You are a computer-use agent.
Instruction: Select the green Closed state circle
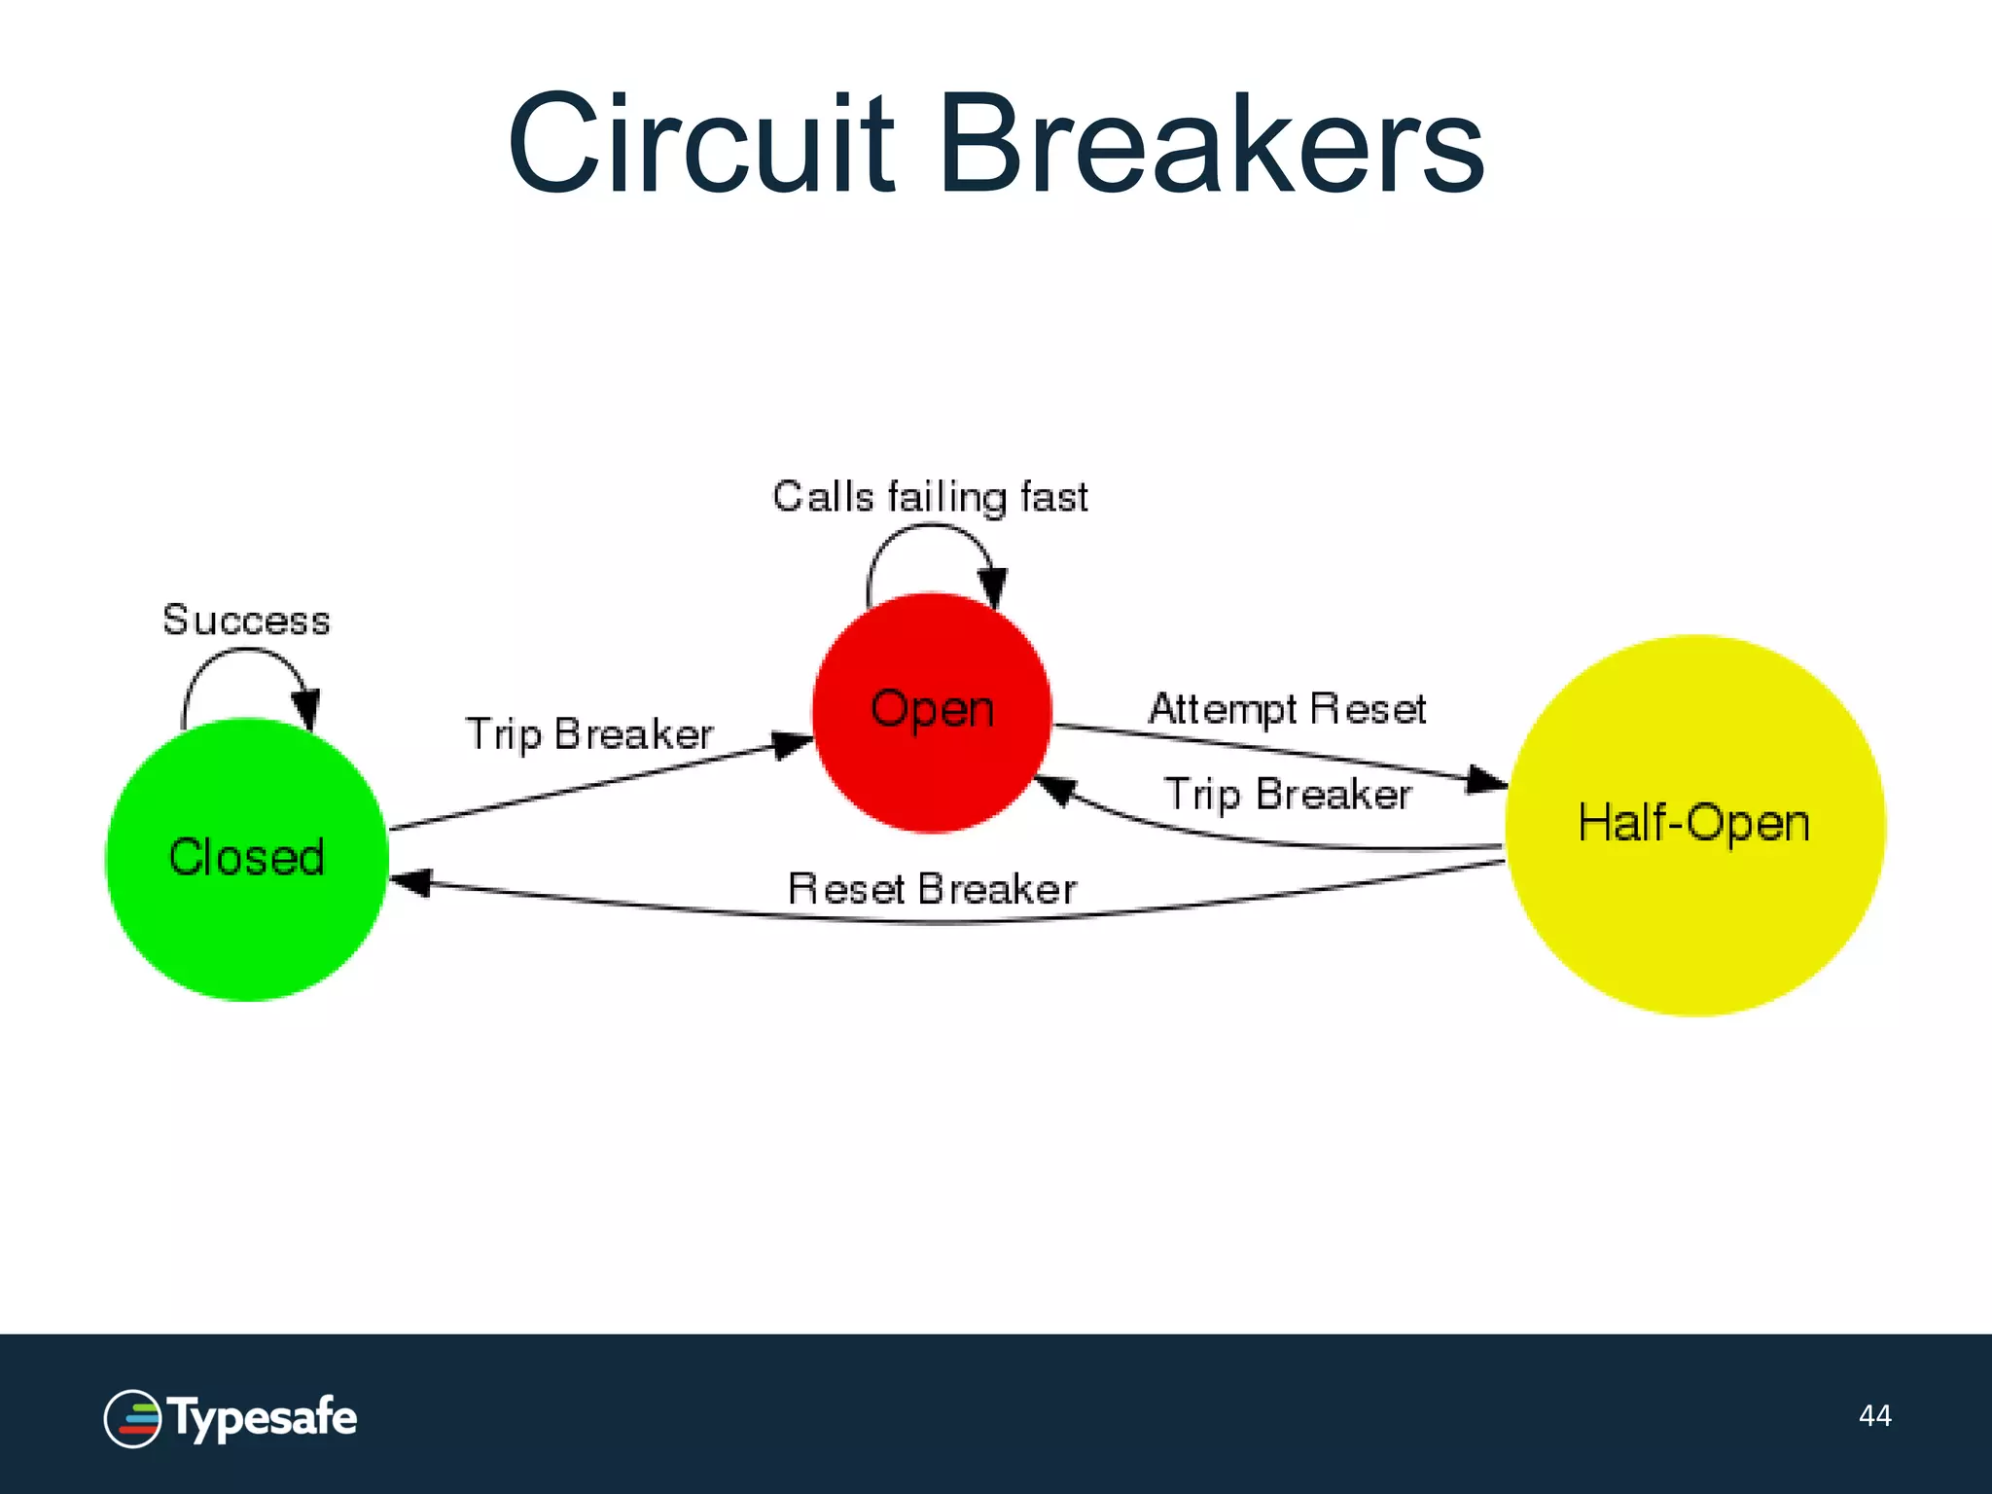[247, 860]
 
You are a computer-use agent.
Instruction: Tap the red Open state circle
[932, 712]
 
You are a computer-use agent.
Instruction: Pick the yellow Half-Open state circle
[1694, 825]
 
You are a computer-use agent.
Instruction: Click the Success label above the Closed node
[246, 621]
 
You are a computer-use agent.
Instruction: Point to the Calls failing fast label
[930, 497]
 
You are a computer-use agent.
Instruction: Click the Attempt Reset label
[1287, 708]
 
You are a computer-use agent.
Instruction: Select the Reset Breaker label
[932, 889]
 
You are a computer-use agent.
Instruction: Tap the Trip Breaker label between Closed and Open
[589, 734]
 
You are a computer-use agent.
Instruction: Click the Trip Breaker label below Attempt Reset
[1287, 795]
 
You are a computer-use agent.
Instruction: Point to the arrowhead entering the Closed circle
[410, 882]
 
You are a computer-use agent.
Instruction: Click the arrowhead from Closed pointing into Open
[792, 745]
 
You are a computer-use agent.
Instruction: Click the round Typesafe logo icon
[132, 1418]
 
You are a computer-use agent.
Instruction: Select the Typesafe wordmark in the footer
[264, 1418]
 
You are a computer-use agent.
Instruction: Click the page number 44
[1874, 1415]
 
